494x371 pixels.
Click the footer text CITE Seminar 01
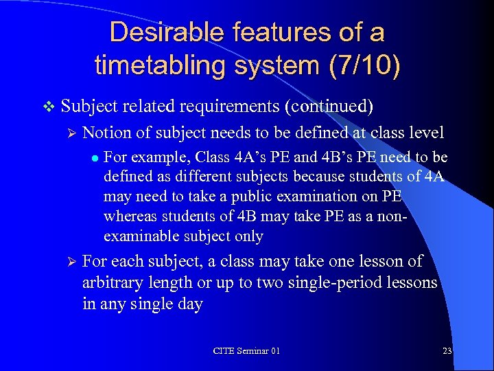(x=246, y=350)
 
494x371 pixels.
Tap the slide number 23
(x=447, y=350)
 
